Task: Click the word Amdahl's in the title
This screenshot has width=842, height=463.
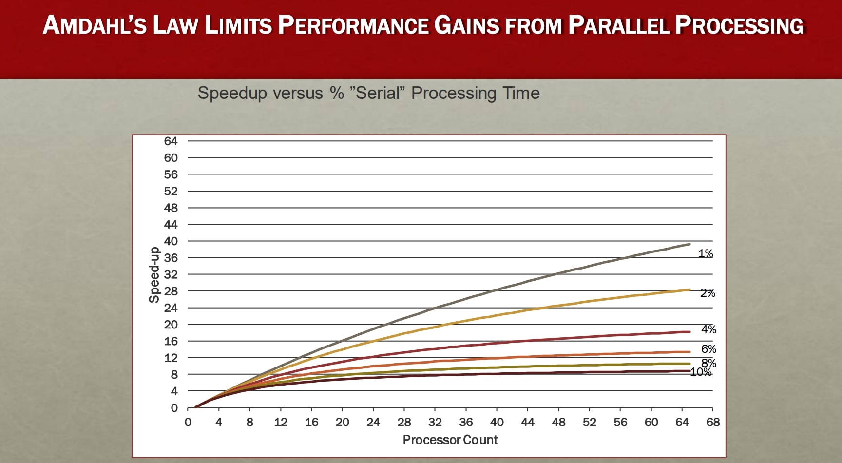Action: (95, 25)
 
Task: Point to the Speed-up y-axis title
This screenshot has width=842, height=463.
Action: (154, 275)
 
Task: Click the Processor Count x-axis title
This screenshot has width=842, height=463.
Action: (450, 440)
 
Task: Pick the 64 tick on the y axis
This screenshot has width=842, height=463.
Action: (171, 141)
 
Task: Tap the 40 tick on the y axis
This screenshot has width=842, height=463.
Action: (171, 241)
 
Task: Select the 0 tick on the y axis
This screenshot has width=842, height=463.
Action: (174, 408)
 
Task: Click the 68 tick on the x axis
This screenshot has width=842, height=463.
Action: (713, 422)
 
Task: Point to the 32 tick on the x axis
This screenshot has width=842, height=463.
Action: (435, 422)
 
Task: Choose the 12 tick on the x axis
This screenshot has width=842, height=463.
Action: (281, 422)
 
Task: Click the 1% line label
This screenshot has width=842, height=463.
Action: (705, 253)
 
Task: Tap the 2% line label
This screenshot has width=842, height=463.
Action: (708, 293)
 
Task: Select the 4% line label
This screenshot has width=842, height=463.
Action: (708, 329)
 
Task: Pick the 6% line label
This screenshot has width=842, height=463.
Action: (708, 349)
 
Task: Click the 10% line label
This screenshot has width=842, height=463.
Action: (701, 372)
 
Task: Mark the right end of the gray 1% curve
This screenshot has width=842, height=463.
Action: (689, 244)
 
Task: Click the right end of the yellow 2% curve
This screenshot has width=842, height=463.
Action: (689, 289)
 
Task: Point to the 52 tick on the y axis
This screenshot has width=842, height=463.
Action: (171, 191)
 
